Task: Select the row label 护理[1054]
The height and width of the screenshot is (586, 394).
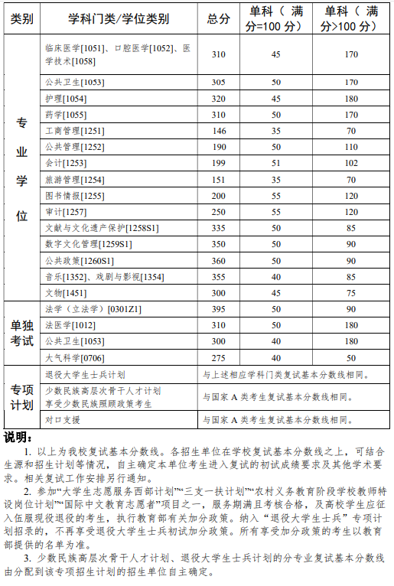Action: pyautogui.click(x=64, y=98)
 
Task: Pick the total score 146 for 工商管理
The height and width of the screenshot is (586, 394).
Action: pyautogui.click(x=219, y=131)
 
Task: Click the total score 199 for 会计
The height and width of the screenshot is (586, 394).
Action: pyautogui.click(x=219, y=163)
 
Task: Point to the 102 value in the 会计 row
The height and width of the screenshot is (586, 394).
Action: pyautogui.click(x=351, y=163)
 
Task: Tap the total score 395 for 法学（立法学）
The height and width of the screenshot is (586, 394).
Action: pyautogui.click(x=219, y=309)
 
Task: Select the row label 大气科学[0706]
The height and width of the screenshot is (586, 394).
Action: pyautogui.click(x=74, y=356)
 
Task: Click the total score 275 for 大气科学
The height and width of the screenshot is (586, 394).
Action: pyautogui.click(x=219, y=356)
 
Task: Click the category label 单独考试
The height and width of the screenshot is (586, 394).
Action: pyautogui.click(x=21, y=333)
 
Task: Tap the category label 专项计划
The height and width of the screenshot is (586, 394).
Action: pyautogui.click(x=21, y=397)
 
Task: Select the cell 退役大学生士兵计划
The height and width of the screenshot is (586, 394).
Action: pyautogui.click(x=85, y=375)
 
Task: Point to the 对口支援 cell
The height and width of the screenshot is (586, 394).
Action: pyautogui.click(x=63, y=419)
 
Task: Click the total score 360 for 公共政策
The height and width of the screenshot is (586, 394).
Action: pyautogui.click(x=219, y=260)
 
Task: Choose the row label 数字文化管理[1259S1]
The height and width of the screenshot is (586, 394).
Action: pyautogui.click(x=88, y=244)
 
